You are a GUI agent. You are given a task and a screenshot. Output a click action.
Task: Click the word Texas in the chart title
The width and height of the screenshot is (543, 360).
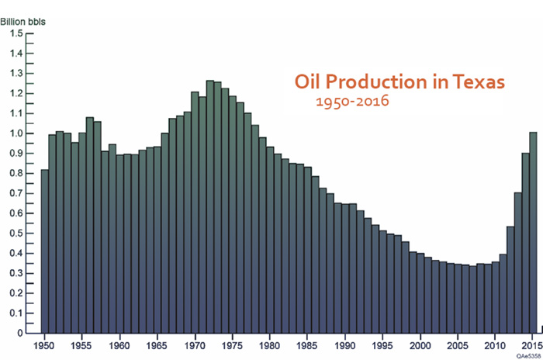[x=479, y=82]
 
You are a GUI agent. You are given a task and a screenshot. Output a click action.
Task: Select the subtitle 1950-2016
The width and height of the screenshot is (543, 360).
[x=352, y=101]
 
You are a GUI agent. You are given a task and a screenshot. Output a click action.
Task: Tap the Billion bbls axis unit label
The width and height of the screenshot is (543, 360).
[x=22, y=22]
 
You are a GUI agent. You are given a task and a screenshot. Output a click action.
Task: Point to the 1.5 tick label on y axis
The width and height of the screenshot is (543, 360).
[x=16, y=33]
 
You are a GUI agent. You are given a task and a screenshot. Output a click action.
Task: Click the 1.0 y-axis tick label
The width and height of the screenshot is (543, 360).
[x=16, y=133]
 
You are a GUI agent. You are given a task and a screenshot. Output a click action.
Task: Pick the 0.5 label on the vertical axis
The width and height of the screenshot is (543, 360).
[x=16, y=234]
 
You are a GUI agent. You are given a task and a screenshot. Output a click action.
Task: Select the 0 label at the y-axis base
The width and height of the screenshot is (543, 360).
[x=19, y=333]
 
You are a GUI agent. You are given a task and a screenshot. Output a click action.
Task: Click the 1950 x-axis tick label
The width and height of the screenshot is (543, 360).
[x=44, y=345]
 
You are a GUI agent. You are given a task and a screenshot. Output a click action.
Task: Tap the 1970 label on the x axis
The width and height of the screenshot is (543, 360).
[x=194, y=345]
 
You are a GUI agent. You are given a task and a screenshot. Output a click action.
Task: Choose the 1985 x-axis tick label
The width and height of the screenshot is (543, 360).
[x=307, y=345]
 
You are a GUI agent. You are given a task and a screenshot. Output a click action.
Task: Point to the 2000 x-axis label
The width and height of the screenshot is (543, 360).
[x=420, y=345]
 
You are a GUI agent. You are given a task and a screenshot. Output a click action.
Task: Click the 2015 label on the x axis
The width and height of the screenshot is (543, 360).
[x=532, y=345]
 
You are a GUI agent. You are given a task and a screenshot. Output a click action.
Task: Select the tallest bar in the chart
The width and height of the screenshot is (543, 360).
[x=210, y=207]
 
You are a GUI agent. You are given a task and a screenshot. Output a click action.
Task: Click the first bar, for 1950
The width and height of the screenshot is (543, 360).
[x=45, y=251]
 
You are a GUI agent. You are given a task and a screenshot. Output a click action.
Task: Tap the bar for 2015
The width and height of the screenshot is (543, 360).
[x=533, y=233]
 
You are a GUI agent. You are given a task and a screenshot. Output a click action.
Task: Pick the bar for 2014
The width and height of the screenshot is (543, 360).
[x=526, y=243]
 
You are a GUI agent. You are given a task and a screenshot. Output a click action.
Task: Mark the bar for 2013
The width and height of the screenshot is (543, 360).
[x=518, y=263]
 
